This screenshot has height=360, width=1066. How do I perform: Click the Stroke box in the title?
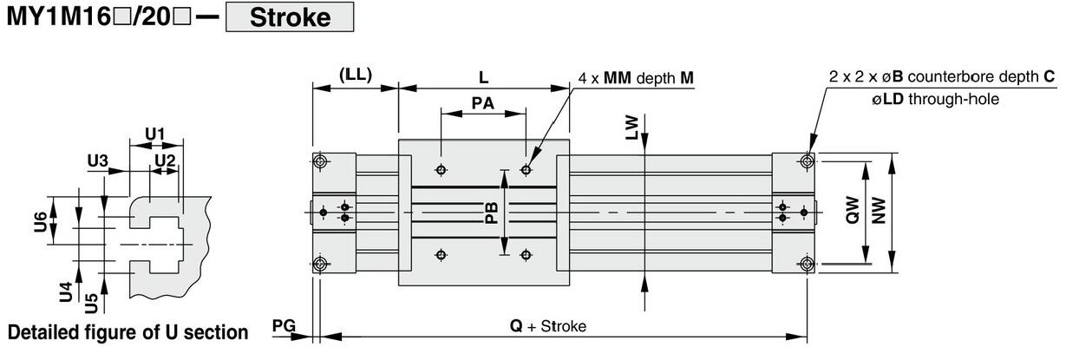click(x=290, y=17)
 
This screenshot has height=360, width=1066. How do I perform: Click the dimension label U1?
click(x=154, y=134)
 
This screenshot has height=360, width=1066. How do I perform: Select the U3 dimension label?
click(x=97, y=161)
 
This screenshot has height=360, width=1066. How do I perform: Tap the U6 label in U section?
click(x=41, y=222)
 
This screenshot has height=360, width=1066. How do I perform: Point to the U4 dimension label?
click(x=66, y=292)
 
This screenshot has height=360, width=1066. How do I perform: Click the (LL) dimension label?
click(x=356, y=75)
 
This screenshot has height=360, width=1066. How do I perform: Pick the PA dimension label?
click(x=482, y=103)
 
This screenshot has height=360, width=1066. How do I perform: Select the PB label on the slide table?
click(x=491, y=213)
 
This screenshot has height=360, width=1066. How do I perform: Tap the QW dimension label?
click(x=853, y=210)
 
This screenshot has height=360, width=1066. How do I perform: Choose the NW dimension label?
click(x=879, y=211)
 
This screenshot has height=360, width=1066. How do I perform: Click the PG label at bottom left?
click(x=284, y=325)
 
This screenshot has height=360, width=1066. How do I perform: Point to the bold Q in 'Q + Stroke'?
click(x=516, y=326)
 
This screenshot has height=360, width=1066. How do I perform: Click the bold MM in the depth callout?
click(x=618, y=77)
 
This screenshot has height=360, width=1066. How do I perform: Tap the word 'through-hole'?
click(x=953, y=99)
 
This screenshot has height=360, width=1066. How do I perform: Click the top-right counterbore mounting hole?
click(x=808, y=161)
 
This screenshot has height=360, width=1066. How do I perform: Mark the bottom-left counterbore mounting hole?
click(x=320, y=264)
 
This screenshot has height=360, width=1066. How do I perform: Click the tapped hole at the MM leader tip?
click(x=526, y=169)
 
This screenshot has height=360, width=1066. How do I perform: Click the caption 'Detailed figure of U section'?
click(x=128, y=332)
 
